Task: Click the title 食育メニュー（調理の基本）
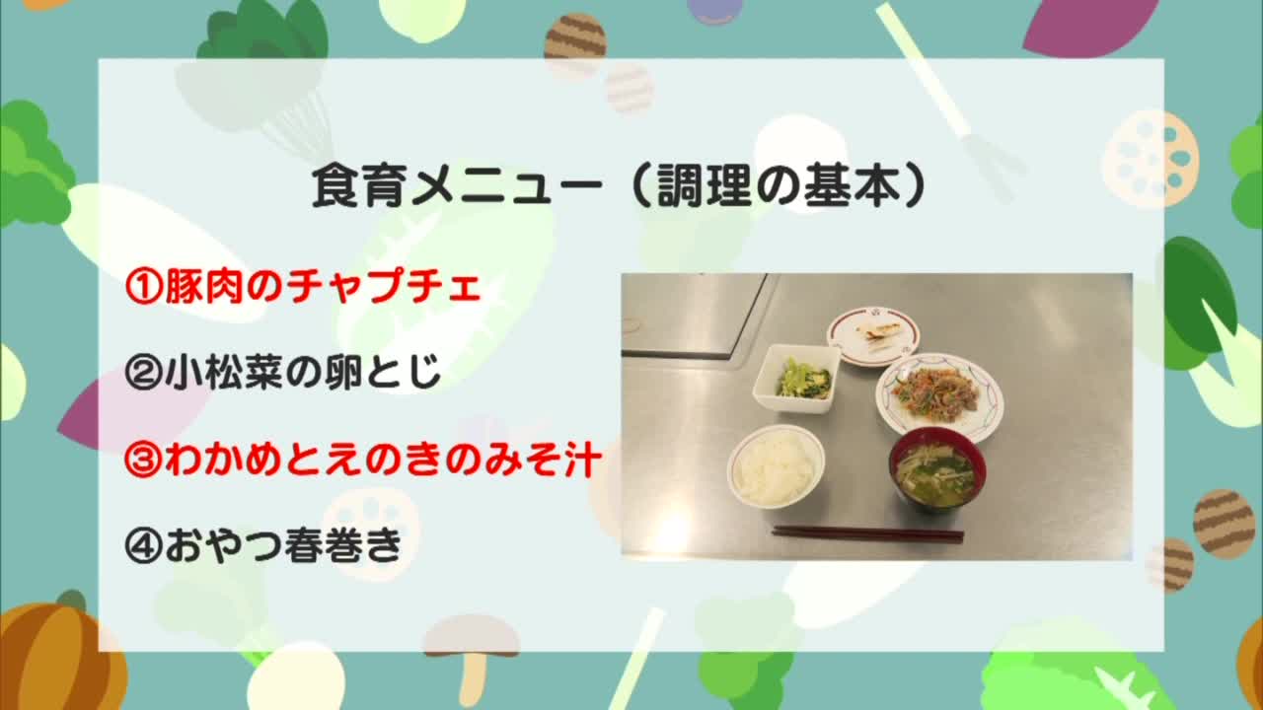[619, 186]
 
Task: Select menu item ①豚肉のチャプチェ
[303, 286]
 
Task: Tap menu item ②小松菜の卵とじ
[282, 372]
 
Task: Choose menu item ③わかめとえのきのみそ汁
[362, 460]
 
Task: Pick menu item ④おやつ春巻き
[263, 545]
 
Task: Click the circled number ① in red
[143, 287]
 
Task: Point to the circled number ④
[143, 546]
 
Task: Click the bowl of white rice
[776, 467]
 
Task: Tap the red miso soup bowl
[937, 468]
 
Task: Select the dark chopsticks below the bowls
[867, 533]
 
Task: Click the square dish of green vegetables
[797, 378]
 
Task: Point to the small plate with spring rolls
[873, 336]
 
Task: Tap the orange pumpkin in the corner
[59, 654]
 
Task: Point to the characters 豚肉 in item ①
[203, 286]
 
